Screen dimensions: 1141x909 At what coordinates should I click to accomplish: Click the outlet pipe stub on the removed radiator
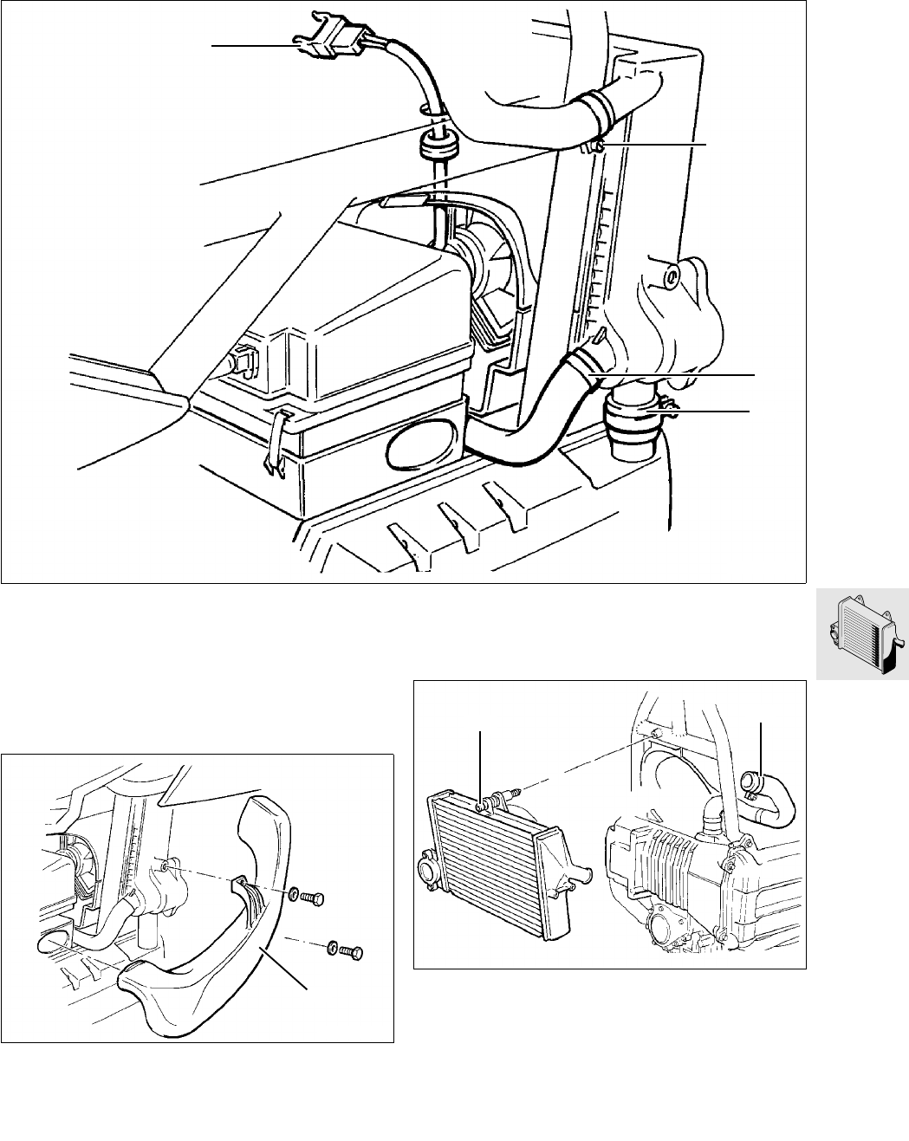pos(578,872)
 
